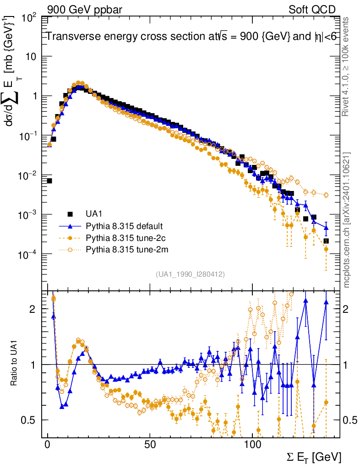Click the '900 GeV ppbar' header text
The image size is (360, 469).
[x=85, y=10]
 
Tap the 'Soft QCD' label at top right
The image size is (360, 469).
[x=312, y=10]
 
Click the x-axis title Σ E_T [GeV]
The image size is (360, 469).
[x=314, y=457]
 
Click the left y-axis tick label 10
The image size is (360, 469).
[x=31, y=57]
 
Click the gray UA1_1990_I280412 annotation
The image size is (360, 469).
[x=190, y=274]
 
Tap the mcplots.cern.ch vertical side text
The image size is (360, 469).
[x=347, y=220]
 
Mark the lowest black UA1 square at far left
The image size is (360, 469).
[x=49, y=181]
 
